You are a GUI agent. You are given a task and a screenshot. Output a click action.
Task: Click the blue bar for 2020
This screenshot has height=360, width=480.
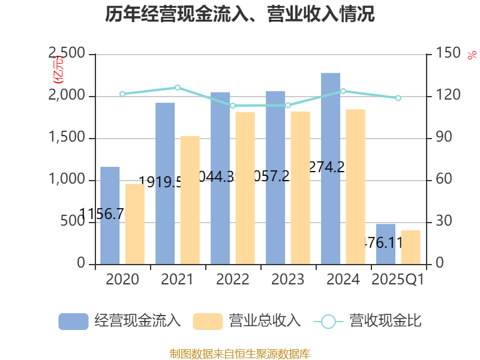110,215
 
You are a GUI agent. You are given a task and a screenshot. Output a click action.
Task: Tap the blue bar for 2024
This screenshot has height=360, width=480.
331,168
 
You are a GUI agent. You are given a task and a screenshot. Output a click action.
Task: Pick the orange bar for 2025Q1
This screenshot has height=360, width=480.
410,247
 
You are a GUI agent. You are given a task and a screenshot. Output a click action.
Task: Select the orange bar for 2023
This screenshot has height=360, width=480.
300,187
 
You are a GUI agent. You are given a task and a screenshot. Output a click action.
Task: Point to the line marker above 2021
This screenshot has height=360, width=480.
178,88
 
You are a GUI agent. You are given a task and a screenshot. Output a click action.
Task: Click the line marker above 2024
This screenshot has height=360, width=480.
343,91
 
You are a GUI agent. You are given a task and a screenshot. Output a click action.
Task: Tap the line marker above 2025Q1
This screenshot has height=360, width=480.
398,98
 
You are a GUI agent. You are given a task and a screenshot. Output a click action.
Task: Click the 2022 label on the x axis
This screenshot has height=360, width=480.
233,280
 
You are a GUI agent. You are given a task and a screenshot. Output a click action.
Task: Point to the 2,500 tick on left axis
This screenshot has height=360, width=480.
67,55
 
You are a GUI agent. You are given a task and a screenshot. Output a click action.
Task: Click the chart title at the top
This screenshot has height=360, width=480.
240,14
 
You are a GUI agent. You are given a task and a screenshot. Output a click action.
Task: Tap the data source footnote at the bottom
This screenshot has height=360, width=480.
240,353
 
